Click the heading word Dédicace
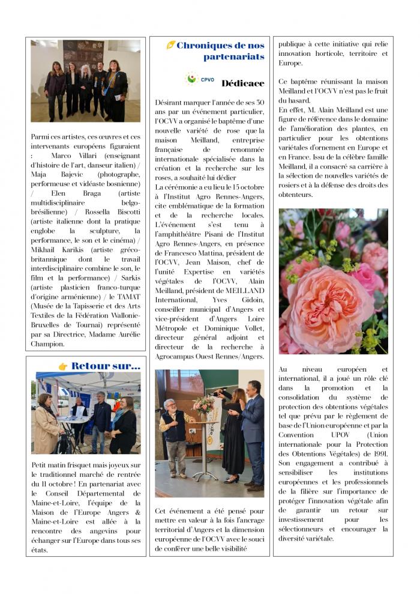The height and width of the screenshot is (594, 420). [x=242, y=83]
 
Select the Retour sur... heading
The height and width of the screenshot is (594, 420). [x=105, y=366]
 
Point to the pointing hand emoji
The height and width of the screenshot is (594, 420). [x=62, y=366]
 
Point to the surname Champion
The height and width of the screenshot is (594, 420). [x=47, y=344]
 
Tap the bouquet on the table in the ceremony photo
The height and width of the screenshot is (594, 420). [x=203, y=405]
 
